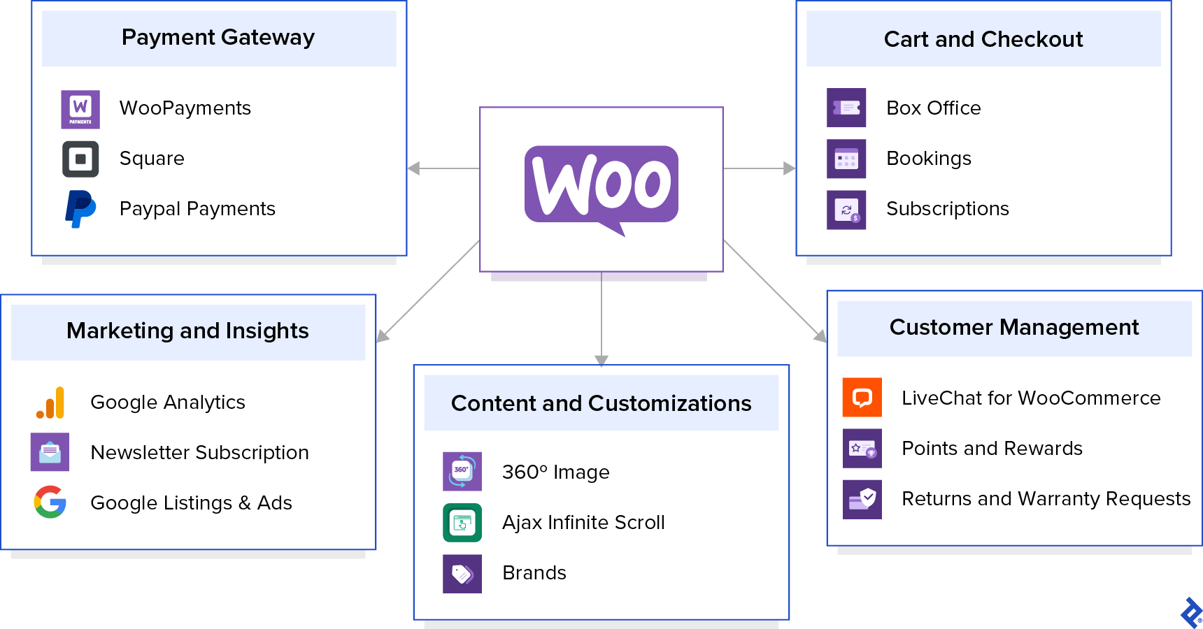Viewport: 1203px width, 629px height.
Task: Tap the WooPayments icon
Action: [80, 109]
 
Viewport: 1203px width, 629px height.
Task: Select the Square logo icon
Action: [80, 159]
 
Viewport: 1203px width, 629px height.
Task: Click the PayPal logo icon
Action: [80, 209]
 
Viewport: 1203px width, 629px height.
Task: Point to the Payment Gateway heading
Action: [218, 38]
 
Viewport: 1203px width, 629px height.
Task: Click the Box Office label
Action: [933, 108]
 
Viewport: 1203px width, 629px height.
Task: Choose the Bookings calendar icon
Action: [846, 159]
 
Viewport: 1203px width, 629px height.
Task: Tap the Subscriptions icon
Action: [846, 210]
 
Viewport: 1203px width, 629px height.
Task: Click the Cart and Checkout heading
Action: [983, 40]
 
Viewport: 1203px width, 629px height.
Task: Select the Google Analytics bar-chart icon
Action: [50, 403]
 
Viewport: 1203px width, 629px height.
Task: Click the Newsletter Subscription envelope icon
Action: [50, 452]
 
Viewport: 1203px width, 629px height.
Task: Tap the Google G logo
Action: [50, 502]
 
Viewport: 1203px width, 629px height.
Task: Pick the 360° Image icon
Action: [462, 472]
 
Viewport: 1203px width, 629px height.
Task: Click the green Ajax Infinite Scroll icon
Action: [462, 523]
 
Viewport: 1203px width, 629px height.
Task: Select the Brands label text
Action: [534, 573]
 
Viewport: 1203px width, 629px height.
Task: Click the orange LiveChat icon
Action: [862, 398]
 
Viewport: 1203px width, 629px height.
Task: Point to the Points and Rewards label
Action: [992, 449]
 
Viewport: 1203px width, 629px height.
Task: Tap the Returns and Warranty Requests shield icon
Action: [862, 499]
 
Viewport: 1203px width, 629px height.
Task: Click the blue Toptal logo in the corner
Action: [1190, 613]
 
